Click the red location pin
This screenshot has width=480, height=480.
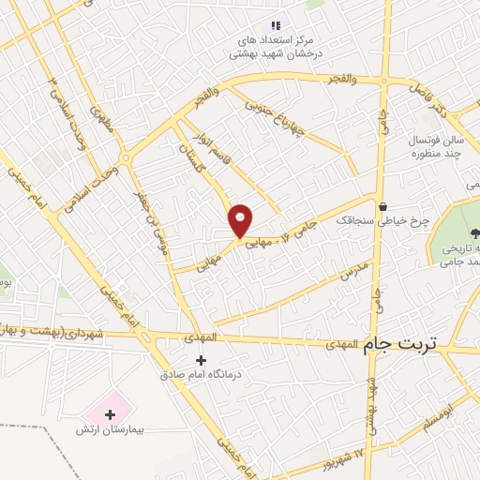point(241,219)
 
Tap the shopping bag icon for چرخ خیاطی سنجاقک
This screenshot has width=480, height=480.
point(382,207)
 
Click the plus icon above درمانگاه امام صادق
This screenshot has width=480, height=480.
point(199,360)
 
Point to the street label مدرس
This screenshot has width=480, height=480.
point(352,270)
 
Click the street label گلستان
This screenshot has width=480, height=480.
point(191,156)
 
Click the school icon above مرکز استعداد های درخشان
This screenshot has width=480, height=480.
point(275,25)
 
